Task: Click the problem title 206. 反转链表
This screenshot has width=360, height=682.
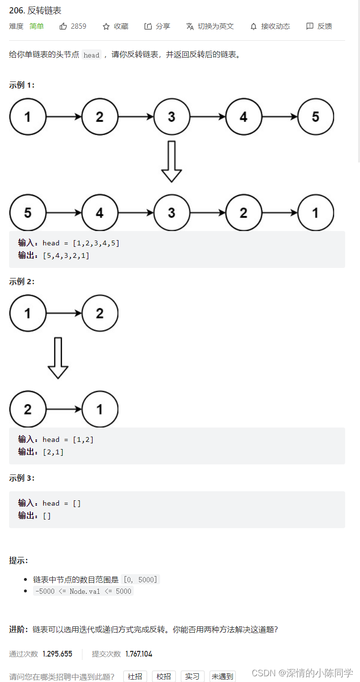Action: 35,11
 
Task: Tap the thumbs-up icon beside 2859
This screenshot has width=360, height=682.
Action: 63,26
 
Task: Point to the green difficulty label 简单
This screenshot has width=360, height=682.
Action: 36,26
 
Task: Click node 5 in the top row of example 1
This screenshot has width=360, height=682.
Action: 315,116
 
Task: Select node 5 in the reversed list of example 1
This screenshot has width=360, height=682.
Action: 28,212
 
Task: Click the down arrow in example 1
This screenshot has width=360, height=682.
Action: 171,162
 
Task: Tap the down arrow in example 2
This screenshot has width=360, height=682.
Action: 58,358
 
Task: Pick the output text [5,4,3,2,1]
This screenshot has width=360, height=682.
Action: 66,255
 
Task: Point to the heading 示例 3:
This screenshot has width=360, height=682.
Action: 22,478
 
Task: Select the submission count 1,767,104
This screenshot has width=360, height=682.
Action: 139,654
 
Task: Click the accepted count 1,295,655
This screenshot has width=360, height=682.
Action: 58,654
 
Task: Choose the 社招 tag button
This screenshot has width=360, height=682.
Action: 135,676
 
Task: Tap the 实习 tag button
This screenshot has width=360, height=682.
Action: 192,676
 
